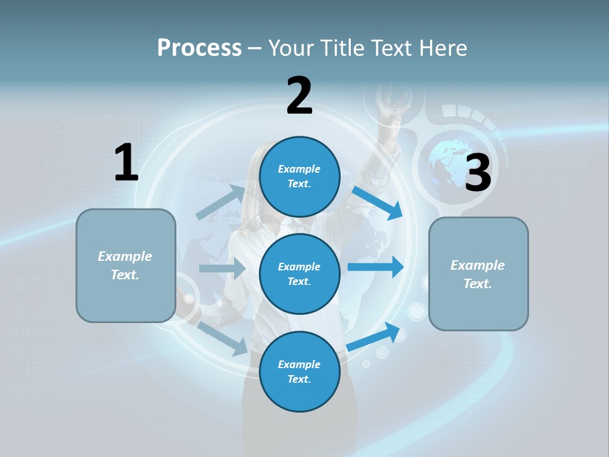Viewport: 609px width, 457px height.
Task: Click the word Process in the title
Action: pyautogui.click(x=199, y=48)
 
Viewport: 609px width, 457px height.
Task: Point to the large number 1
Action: pyautogui.click(x=126, y=162)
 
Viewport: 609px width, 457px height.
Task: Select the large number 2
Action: pyautogui.click(x=299, y=96)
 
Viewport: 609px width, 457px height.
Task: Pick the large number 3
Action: pyautogui.click(x=478, y=173)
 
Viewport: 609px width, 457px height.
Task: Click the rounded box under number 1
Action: pyautogui.click(x=126, y=265)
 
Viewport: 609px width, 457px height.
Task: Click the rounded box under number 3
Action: pyautogui.click(x=478, y=274)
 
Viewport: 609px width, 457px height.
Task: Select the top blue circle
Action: pyautogui.click(x=299, y=176)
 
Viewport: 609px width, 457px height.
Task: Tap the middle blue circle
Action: pyautogui.click(x=299, y=274)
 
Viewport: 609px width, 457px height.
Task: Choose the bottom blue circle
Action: pyautogui.click(x=299, y=371)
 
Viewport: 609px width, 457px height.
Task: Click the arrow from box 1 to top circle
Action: pyautogui.click(x=221, y=202)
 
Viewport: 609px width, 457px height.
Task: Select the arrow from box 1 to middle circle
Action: pyautogui.click(x=222, y=268)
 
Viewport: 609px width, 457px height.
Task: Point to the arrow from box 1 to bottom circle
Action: pyautogui.click(x=223, y=338)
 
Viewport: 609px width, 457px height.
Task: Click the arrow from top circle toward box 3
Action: pyautogui.click(x=378, y=202)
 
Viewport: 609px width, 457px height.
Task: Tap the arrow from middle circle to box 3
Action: pyautogui.click(x=376, y=267)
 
